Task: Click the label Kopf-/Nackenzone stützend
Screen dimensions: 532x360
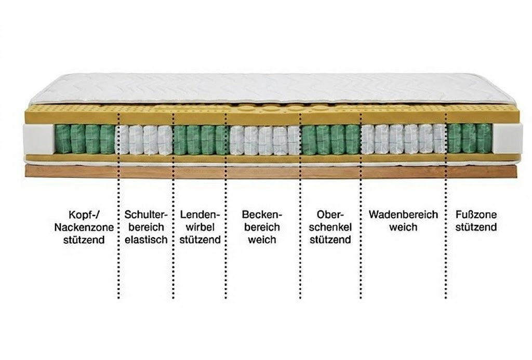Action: [x=84, y=227]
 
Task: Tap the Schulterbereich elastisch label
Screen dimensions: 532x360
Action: [x=146, y=227]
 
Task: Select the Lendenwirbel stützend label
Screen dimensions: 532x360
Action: [x=200, y=227]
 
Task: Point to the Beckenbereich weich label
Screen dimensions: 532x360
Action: [x=262, y=227]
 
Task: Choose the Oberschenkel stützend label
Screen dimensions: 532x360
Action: [x=330, y=227]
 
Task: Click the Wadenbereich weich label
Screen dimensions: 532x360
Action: [x=403, y=221]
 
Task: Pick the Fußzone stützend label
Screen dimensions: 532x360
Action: [x=476, y=221]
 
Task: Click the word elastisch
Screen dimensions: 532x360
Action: [x=146, y=239]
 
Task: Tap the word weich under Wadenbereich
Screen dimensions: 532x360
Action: [x=403, y=227]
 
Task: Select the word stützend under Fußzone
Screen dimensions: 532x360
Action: [x=476, y=227]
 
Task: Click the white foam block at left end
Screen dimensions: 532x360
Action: [x=38, y=139]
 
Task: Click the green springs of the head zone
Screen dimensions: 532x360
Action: [x=85, y=139]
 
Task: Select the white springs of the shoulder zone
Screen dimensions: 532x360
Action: [x=144, y=140]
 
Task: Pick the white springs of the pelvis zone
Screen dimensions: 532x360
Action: [x=264, y=140]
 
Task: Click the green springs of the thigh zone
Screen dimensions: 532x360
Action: [x=330, y=139]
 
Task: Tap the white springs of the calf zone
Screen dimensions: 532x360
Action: [x=403, y=139]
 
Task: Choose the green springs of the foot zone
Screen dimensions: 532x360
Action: [x=469, y=138]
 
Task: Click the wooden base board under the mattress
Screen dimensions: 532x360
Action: [x=271, y=171]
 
